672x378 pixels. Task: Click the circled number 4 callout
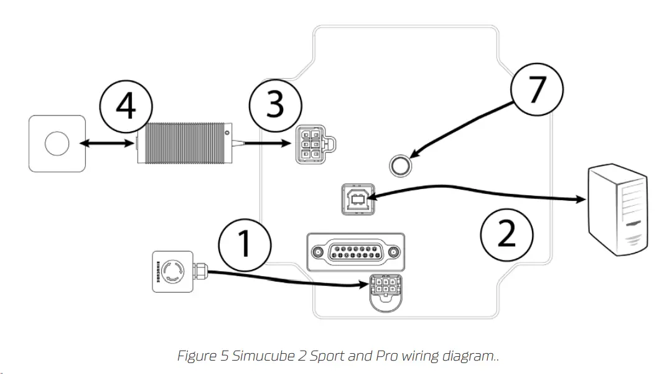(126, 106)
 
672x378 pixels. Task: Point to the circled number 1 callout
(245, 243)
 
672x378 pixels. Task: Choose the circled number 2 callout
(507, 234)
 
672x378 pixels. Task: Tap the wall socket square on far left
(57, 144)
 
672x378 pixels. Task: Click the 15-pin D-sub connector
(355, 252)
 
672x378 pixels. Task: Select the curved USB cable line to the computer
(479, 190)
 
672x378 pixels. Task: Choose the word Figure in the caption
(195, 356)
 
